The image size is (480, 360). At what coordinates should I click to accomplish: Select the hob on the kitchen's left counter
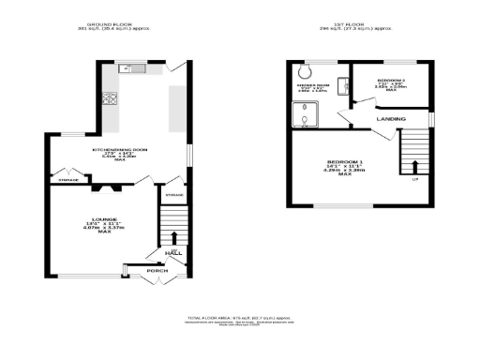(111, 98)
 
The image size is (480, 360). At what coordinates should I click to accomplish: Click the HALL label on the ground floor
(172, 253)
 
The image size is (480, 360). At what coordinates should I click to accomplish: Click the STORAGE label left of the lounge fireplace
(67, 179)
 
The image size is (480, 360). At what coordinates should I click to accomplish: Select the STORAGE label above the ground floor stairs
(174, 195)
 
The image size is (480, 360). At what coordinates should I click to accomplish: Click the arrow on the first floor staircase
(415, 167)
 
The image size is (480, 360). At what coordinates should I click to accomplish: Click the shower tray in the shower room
(305, 114)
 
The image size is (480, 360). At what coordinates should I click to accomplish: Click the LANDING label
(391, 120)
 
